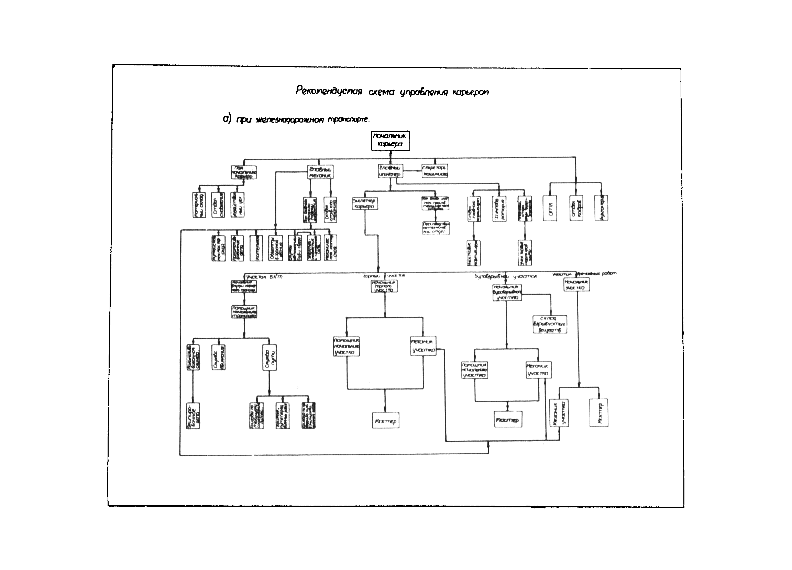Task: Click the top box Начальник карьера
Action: (390, 140)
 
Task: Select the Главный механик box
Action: (320, 172)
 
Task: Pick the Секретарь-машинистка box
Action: (435, 171)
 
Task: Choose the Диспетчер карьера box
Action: (365, 203)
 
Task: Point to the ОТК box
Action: (550, 209)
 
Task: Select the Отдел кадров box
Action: (576, 209)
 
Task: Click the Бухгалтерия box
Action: (601, 209)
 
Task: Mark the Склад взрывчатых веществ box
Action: (550, 324)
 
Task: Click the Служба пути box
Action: (269, 358)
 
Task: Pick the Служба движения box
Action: (219, 358)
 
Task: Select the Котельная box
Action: (256, 248)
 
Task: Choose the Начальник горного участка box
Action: (384, 286)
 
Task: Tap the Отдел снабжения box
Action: (218, 204)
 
